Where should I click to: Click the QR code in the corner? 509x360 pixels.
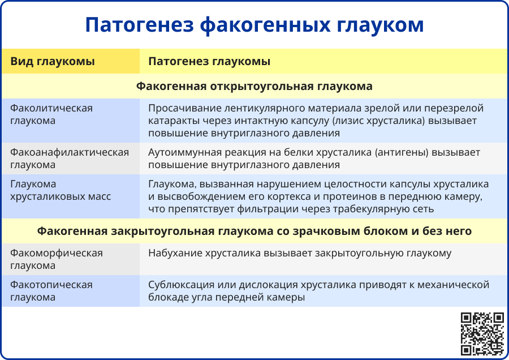[482, 333]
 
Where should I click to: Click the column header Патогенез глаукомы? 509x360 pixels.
[209, 61]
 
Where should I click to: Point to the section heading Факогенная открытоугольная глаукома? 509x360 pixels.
[255, 87]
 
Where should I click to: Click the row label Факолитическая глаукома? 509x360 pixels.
[51, 114]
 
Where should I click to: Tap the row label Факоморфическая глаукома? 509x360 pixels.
[57, 259]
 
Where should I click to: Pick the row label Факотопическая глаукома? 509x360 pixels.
[51, 291]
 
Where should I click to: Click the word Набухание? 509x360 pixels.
[173, 253]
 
